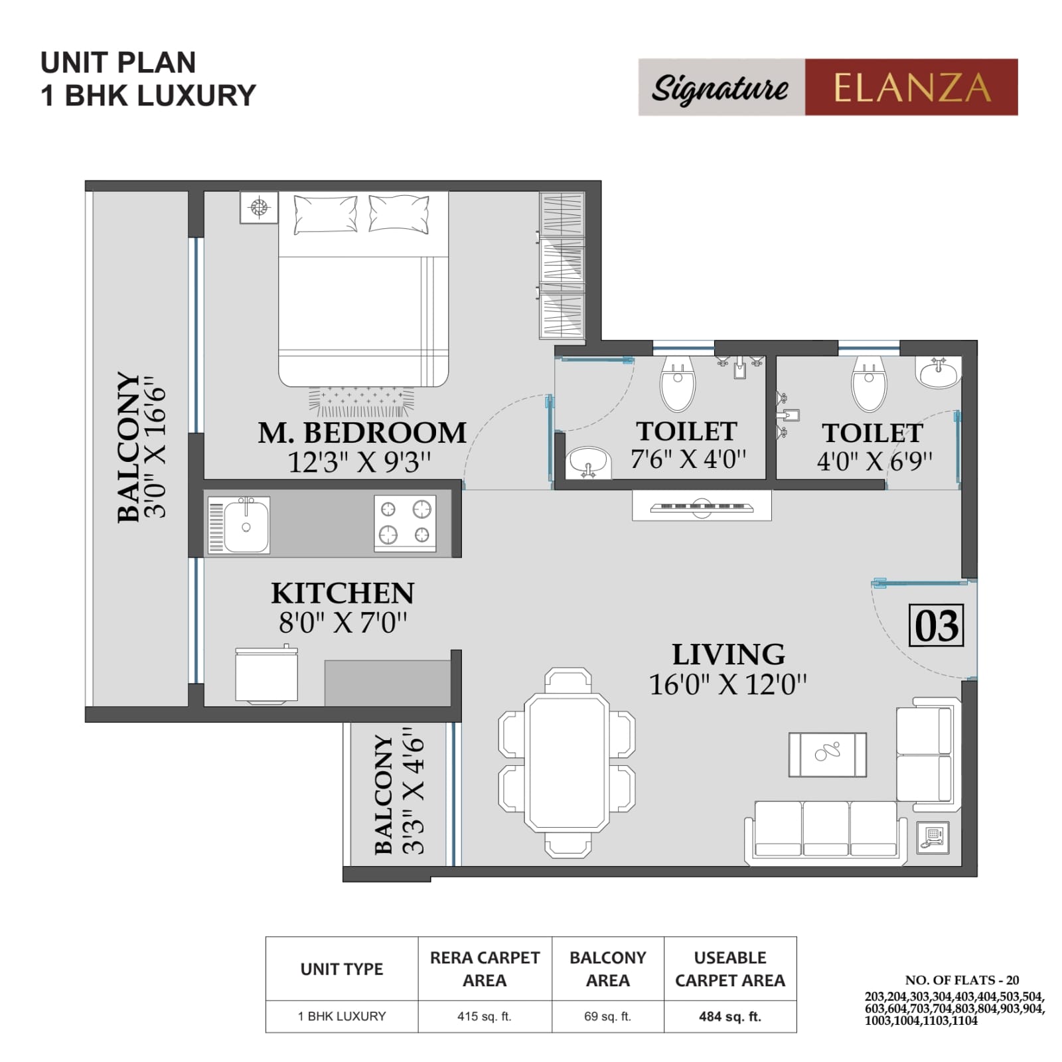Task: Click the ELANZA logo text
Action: (911, 88)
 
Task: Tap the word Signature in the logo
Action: (720, 88)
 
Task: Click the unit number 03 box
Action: (936, 625)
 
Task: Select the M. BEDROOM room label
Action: (362, 433)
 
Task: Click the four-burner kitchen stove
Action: (405, 523)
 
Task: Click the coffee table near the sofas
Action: (827, 754)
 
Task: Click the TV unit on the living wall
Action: (702, 506)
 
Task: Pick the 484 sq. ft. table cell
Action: (729, 1016)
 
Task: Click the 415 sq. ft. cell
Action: (484, 1016)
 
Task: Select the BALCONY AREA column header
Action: (607, 968)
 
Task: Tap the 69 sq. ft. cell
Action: (607, 1016)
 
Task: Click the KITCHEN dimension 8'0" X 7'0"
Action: (342, 623)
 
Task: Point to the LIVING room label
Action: (728, 654)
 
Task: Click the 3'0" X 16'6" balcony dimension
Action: (155, 448)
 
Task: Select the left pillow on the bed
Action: (325, 214)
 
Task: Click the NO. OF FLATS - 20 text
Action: (962, 980)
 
